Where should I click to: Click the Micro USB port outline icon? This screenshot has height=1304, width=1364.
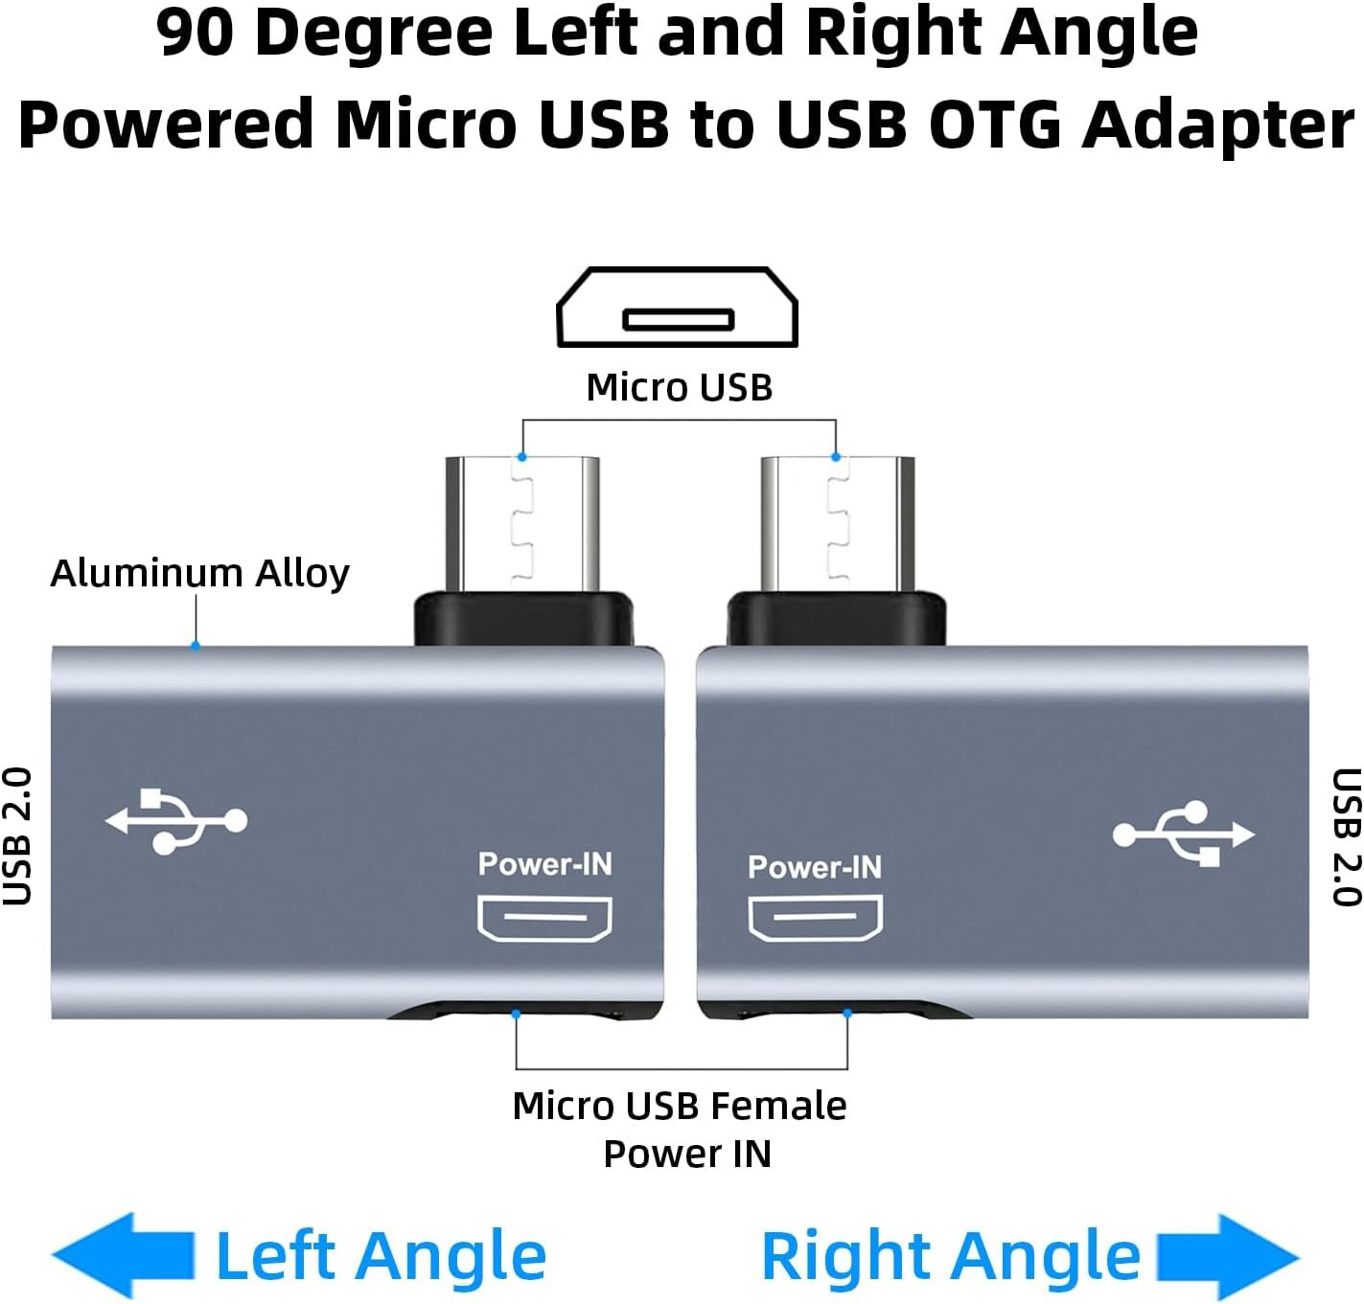click(678, 308)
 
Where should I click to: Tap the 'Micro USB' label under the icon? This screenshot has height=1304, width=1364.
click(679, 387)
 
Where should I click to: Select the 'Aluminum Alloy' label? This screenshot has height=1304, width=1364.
click(199, 573)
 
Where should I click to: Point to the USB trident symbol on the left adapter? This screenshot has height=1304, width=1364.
click(176, 820)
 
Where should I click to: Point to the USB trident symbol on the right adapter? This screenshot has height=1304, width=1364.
click(1183, 834)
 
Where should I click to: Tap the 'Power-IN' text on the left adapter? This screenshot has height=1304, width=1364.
click(544, 864)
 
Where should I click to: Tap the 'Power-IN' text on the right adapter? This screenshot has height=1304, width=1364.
click(815, 867)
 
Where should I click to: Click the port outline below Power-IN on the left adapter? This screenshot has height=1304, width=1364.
click(544, 917)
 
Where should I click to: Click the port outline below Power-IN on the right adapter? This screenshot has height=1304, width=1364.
click(815, 918)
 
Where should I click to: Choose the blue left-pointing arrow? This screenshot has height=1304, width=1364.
click(123, 1255)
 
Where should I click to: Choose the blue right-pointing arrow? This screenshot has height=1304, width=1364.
click(1228, 1256)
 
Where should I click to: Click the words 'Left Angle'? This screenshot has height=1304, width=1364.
click(381, 1256)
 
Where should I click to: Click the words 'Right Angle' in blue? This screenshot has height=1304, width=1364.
click(950, 1256)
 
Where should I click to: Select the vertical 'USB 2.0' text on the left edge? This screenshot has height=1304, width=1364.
click(18, 835)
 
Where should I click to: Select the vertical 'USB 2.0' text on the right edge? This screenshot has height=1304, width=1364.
click(1346, 836)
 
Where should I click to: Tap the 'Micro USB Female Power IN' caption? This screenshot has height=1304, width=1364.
click(681, 1130)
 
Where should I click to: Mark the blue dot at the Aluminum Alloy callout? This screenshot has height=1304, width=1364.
click(196, 647)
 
